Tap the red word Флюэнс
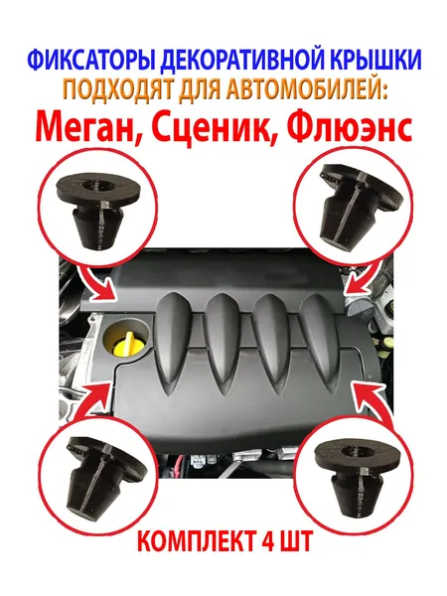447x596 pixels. click(355, 126)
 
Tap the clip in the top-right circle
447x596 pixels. click(357, 208)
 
